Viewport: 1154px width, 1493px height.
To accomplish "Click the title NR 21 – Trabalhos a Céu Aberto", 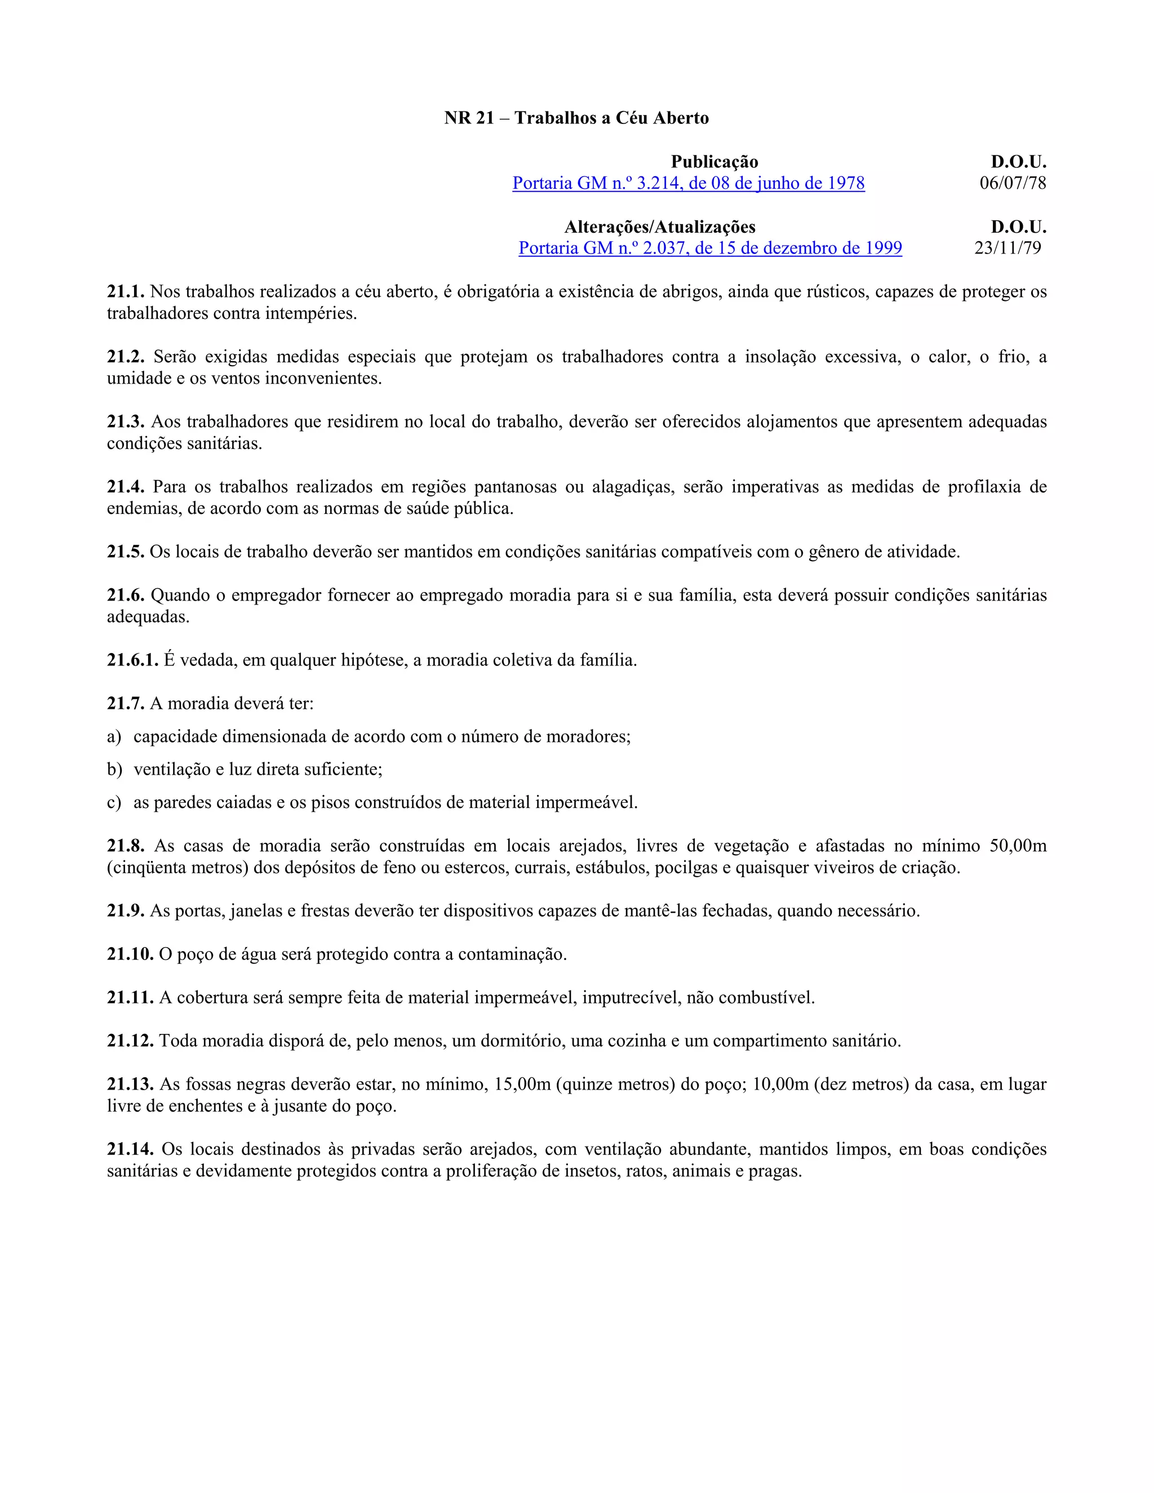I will [x=576, y=118].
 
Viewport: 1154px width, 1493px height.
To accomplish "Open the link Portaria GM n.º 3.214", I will [x=689, y=183].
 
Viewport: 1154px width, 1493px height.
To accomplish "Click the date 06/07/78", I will [x=1013, y=183].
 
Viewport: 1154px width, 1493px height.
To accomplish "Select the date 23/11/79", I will [x=1007, y=248].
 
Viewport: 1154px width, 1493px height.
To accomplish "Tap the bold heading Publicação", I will [x=714, y=162].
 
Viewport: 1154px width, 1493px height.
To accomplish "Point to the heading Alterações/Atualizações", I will [x=660, y=227].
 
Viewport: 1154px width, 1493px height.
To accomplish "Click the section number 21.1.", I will [x=126, y=292].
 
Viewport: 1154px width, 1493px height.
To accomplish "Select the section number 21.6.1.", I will [x=132, y=660].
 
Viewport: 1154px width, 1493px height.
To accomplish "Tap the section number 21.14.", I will [x=130, y=1149].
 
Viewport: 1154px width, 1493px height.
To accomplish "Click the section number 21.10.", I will [x=130, y=954].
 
